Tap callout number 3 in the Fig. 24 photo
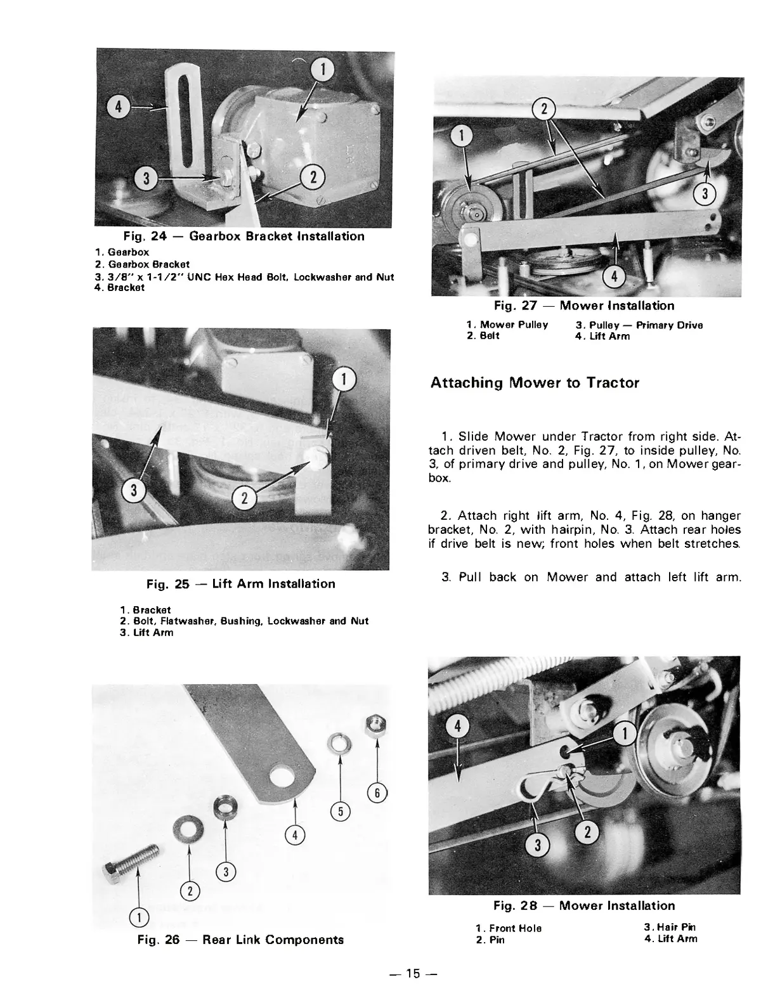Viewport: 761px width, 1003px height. tap(146, 178)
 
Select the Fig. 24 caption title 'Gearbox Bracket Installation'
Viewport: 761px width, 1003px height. tap(277, 236)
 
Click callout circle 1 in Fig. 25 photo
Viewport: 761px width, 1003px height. tap(343, 379)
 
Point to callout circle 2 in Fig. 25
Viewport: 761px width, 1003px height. tap(245, 498)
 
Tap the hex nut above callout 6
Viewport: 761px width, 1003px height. tap(375, 727)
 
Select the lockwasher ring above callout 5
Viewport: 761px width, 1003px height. tap(339, 744)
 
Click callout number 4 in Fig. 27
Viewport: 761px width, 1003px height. tap(614, 276)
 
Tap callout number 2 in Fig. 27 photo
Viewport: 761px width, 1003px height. tap(544, 109)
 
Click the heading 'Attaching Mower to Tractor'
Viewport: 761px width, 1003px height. tap(535, 382)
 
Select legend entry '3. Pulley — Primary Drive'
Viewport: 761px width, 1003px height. tap(639, 325)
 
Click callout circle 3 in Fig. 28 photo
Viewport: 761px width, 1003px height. tap(538, 845)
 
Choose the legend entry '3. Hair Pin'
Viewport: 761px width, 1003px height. tap(670, 927)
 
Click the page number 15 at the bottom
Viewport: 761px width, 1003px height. tap(413, 974)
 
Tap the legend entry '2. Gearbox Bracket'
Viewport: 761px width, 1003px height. tap(142, 264)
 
